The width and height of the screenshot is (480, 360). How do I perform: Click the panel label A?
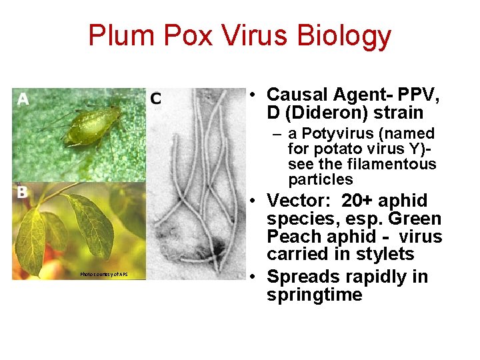tap(23, 100)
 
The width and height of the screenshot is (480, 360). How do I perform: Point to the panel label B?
tap(22, 192)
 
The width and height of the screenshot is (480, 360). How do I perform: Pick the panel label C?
tap(155, 99)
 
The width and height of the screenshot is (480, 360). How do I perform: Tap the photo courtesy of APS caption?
tap(103, 274)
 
